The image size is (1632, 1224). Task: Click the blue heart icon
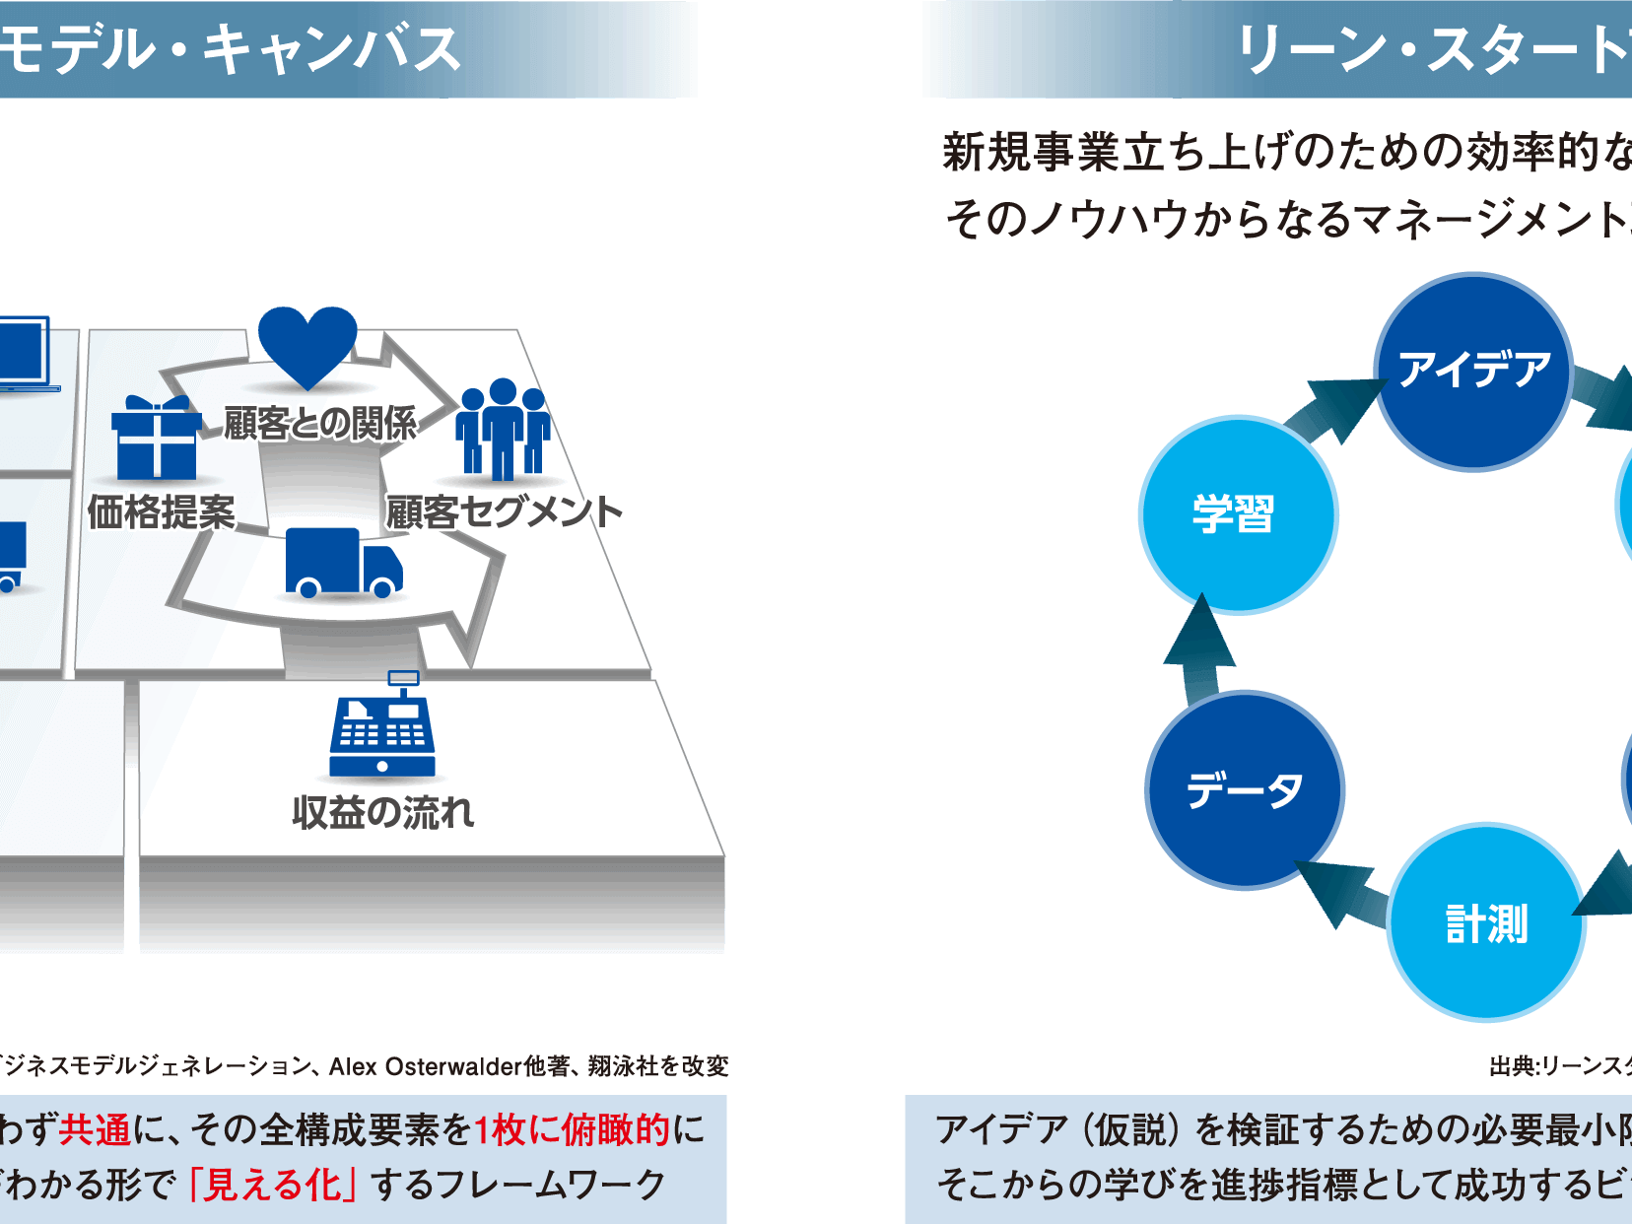[x=306, y=345]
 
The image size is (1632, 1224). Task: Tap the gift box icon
[x=156, y=439]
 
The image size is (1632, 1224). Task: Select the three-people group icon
[x=503, y=430]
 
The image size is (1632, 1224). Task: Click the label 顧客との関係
[x=320, y=424]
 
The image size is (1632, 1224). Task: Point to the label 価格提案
[x=162, y=512]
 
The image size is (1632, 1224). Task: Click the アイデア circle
[x=1473, y=372]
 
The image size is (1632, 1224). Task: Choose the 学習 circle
[x=1237, y=514]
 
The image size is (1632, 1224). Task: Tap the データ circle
[x=1245, y=790]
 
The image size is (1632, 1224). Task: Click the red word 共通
[x=95, y=1129]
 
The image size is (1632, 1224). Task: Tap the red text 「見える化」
[x=271, y=1185]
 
